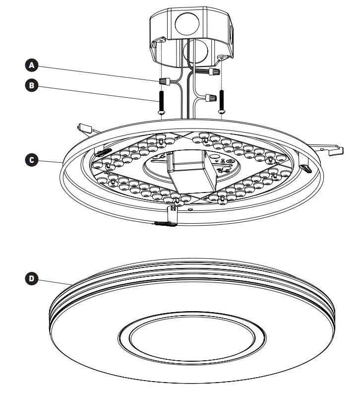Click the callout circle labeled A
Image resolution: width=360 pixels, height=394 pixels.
31,65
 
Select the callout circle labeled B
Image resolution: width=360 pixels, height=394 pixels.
31,85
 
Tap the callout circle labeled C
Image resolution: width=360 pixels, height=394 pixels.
31,160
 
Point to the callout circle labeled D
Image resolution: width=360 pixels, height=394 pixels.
31,278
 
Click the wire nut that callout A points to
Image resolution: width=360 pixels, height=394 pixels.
164,80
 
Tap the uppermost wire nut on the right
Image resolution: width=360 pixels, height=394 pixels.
214,72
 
